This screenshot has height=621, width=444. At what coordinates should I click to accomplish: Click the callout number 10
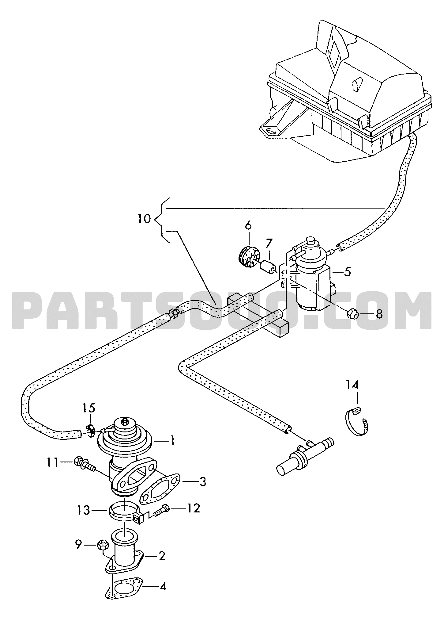point(144,219)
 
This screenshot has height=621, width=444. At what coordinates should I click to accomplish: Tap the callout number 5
point(347,272)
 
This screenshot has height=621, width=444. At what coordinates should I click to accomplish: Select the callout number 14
point(353,385)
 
